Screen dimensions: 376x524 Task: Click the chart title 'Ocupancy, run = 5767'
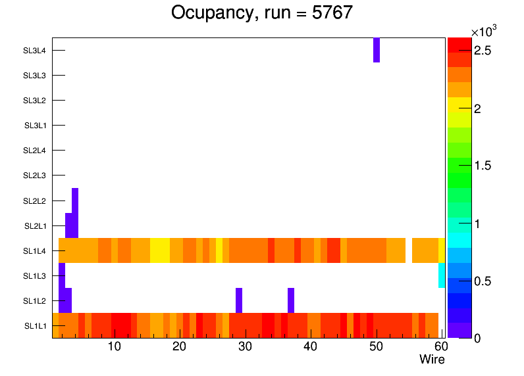(262, 12)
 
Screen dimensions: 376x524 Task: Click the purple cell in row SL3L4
(377, 50)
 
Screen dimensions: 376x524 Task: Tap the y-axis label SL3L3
(34, 76)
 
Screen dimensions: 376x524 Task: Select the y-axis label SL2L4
(34, 151)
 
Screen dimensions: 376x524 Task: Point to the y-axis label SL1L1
(36, 325)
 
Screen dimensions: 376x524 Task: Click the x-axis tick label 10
(114, 346)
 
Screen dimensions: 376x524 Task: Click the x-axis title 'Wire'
(432, 360)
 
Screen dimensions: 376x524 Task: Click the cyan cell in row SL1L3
(442, 275)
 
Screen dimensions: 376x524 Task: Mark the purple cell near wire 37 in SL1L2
(291, 300)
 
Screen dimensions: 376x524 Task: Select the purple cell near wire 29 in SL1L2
(239, 300)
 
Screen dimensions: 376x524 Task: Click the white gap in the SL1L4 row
(409, 250)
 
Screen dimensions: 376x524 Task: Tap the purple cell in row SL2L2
(75, 200)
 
